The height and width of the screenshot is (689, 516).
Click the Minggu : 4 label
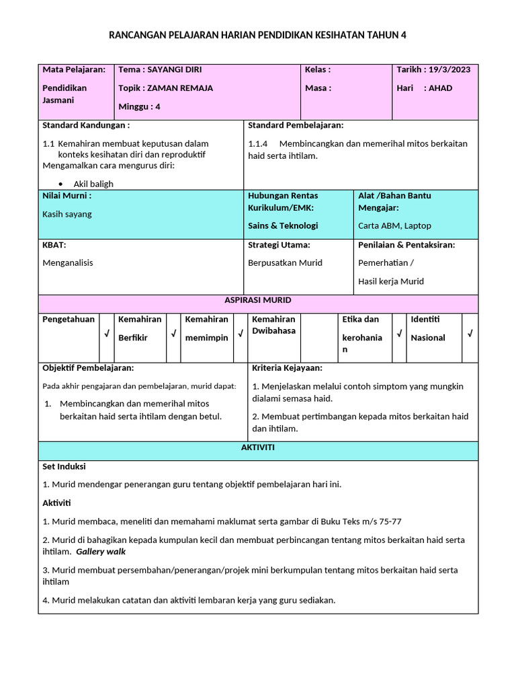tap(139, 106)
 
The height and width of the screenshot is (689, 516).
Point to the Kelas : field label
tap(318, 69)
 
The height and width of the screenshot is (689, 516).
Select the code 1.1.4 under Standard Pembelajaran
tap(258, 143)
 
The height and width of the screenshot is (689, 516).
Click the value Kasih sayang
tap(67, 214)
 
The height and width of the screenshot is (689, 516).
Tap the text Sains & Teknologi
tap(283, 225)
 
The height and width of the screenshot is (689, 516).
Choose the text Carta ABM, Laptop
tap(394, 225)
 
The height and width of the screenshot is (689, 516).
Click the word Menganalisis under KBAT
tap(68, 262)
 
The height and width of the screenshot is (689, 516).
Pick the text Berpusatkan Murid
tap(285, 262)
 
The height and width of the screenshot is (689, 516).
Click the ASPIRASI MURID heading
tap(258, 300)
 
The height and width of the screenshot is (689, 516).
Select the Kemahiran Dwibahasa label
tap(273, 325)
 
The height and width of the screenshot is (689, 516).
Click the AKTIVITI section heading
tap(258, 447)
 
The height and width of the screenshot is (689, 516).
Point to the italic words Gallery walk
tap(101, 552)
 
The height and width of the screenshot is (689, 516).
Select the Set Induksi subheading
tap(64, 466)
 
